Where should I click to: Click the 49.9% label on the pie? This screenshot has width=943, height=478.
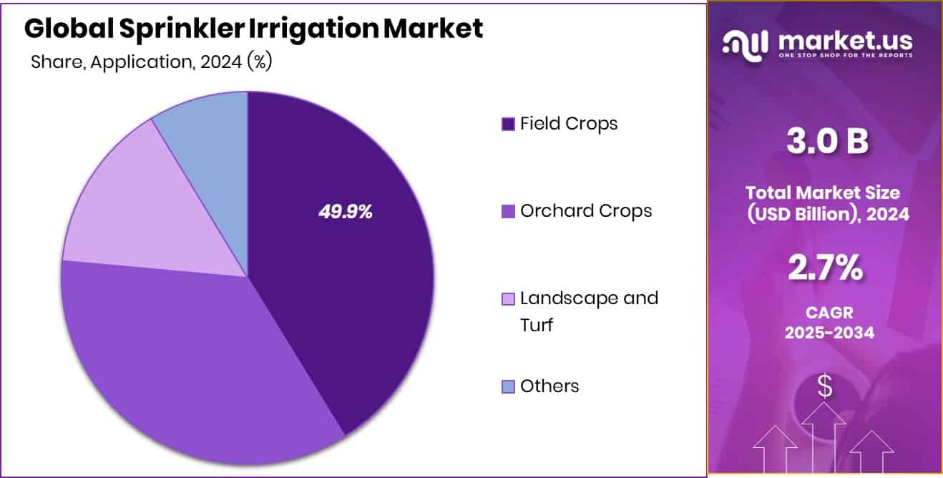coord(346,212)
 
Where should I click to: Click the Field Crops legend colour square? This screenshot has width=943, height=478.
coord(508,125)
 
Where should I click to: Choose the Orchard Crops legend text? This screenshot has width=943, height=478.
coord(586,211)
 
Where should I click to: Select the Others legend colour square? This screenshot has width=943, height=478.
coord(508,387)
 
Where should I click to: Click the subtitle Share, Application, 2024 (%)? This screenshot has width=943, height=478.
coord(151,62)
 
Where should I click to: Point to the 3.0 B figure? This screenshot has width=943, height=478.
coord(827,141)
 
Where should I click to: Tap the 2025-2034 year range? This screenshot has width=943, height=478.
coord(828,333)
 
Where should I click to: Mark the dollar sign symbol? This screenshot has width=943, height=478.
coord(825,388)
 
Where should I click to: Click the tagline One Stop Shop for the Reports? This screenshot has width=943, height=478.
coord(845,56)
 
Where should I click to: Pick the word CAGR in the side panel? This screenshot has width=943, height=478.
coord(828,313)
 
